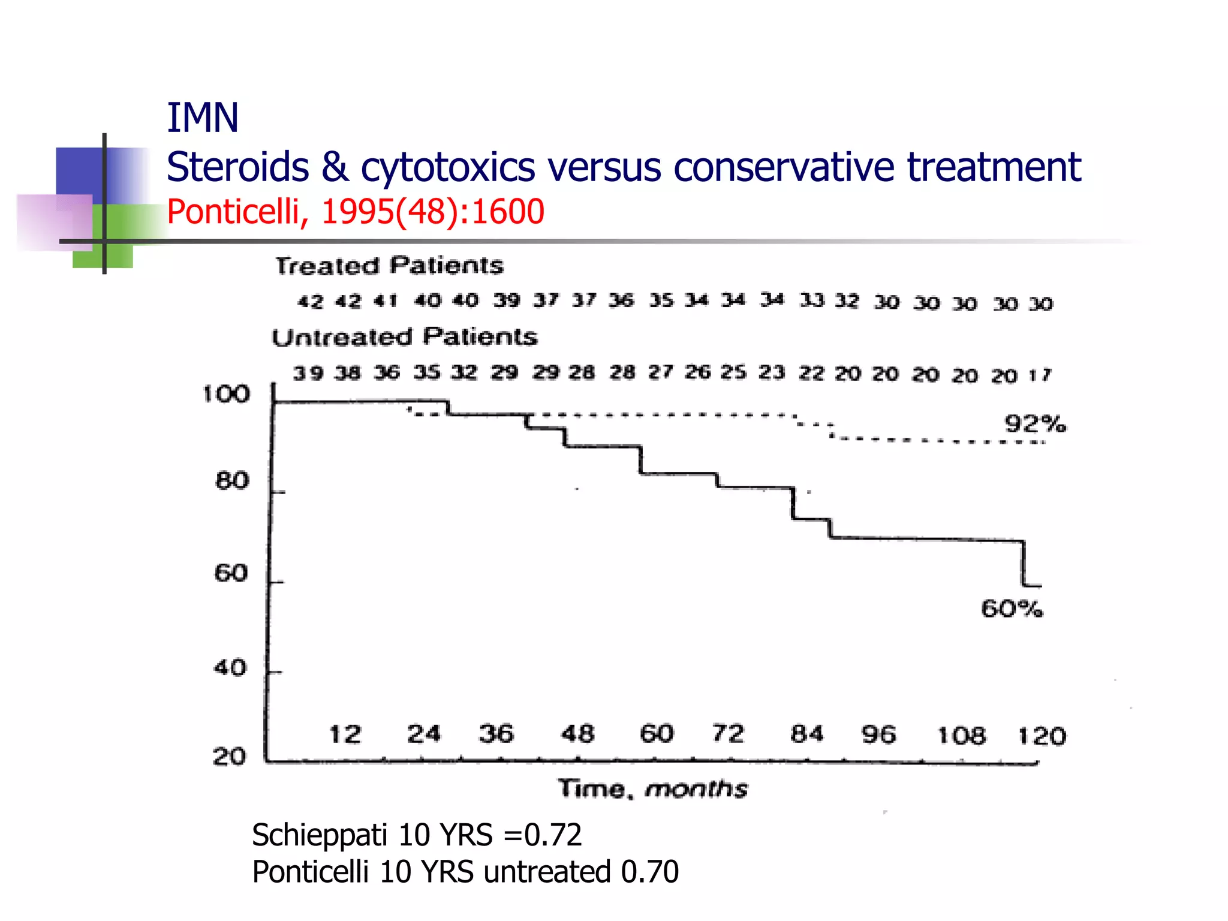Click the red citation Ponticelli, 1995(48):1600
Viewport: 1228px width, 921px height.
355,212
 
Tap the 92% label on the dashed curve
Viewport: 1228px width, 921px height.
1035,424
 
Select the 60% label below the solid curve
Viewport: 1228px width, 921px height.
1012,609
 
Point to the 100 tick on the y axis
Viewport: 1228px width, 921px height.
226,394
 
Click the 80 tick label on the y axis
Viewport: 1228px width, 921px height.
232,481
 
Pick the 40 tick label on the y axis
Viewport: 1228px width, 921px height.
230,667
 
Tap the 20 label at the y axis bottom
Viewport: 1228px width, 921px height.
230,757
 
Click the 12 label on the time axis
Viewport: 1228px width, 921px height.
345,734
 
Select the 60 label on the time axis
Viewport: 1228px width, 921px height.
657,733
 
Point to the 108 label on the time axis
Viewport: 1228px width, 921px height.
961,735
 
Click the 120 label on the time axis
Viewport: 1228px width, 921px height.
1042,736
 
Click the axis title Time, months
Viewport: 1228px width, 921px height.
653,788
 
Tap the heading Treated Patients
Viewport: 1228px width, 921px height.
389,266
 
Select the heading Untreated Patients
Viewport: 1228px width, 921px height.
405,337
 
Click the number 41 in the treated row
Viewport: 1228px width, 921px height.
386,300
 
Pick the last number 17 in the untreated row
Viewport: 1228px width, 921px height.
1040,375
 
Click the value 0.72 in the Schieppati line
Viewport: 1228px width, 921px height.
552,835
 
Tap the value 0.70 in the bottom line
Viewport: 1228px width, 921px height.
649,871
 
